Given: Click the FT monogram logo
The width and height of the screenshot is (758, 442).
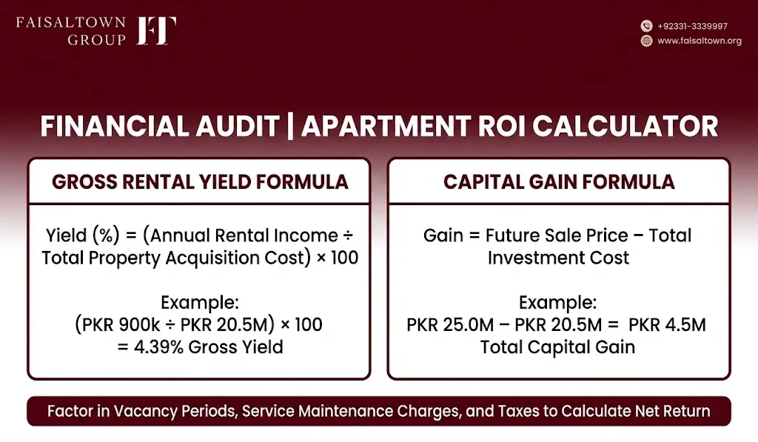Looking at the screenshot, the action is pos(156,30).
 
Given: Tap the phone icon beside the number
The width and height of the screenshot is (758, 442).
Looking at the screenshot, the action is pos(646,26).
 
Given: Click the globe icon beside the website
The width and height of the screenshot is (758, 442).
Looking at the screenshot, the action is pos(646,41).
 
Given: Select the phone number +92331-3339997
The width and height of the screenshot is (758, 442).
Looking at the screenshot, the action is pos(692,26).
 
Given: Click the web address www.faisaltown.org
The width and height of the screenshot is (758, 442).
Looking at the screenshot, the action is pos(700,41).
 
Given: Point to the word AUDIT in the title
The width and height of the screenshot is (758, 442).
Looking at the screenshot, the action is pos(238,126).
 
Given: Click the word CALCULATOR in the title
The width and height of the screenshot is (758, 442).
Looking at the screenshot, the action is pos(625,126).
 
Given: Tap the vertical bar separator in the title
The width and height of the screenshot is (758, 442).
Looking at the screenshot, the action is pos(290,127).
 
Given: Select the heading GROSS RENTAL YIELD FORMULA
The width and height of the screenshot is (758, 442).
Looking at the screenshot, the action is pos(200,182).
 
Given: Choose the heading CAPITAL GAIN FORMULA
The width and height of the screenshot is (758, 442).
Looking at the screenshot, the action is pos(559,182).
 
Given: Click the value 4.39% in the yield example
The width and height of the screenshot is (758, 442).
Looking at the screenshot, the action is pos(158,347).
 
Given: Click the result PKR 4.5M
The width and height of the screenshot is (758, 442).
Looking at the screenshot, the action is pos(667,324).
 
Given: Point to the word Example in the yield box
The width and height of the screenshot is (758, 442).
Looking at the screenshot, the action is pos(200,303).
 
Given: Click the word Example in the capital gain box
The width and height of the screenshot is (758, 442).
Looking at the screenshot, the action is pos(558,303).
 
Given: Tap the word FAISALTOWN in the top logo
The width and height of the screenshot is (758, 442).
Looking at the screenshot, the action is pos(70,23).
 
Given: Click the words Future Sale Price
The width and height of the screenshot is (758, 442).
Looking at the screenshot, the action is pos(557,235).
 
